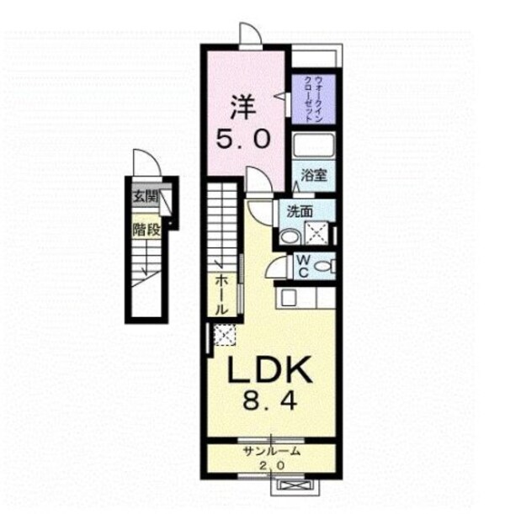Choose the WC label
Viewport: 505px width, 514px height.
(x=303, y=267)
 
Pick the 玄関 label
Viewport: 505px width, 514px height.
(x=145, y=198)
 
